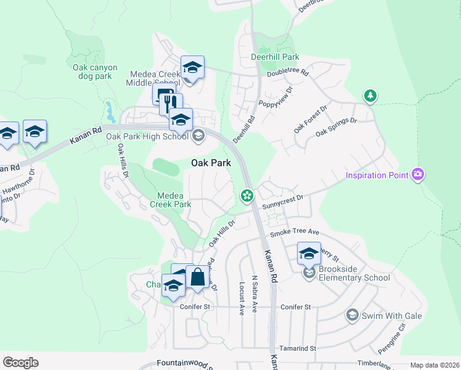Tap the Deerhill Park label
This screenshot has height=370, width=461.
point(275,57)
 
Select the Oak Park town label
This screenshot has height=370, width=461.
point(211,163)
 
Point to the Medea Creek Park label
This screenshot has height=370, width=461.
point(170,199)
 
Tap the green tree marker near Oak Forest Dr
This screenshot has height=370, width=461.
point(370,96)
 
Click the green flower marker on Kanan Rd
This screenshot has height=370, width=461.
point(247,196)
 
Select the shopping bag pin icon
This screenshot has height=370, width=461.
point(198,278)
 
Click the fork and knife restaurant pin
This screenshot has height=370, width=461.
point(171,104)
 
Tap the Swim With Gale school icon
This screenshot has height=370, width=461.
point(352,315)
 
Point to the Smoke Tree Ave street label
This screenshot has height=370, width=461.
point(295,232)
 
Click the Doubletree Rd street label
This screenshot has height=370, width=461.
point(287,73)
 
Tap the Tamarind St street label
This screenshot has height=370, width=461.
point(297,348)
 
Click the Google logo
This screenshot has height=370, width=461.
point(20,363)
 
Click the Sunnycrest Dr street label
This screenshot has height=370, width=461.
point(284,199)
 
